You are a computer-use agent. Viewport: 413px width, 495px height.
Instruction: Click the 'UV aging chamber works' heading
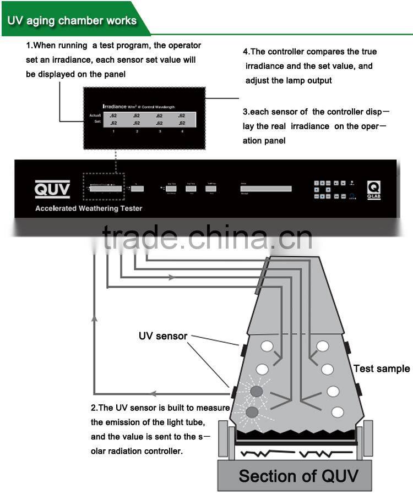[x=72, y=21]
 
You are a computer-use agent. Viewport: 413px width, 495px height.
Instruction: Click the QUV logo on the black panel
[x=52, y=190]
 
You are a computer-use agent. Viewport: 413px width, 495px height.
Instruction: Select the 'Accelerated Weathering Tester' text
[x=89, y=208]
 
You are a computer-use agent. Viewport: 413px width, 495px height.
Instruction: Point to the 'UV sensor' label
[x=163, y=335]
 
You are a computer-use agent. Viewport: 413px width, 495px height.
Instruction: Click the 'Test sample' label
[x=382, y=369]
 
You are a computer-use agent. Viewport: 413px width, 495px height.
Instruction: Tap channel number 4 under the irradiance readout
[x=182, y=132]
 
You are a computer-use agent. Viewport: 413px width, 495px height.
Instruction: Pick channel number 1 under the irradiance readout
[x=113, y=132]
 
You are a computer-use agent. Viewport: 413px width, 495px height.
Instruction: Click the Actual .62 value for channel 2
[x=136, y=116]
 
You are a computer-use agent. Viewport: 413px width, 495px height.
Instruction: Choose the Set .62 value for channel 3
[x=159, y=123]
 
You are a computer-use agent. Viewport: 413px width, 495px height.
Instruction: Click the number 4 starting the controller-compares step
[x=246, y=52]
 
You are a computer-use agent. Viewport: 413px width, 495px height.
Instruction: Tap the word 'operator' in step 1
[x=183, y=45]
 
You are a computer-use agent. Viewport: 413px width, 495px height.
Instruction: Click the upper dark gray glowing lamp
[x=257, y=392]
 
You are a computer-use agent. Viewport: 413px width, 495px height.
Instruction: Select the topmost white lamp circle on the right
[x=323, y=346]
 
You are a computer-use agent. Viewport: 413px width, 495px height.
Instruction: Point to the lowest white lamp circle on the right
[x=338, y=412]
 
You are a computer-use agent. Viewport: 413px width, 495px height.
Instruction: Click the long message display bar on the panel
[x=266, y=189]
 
